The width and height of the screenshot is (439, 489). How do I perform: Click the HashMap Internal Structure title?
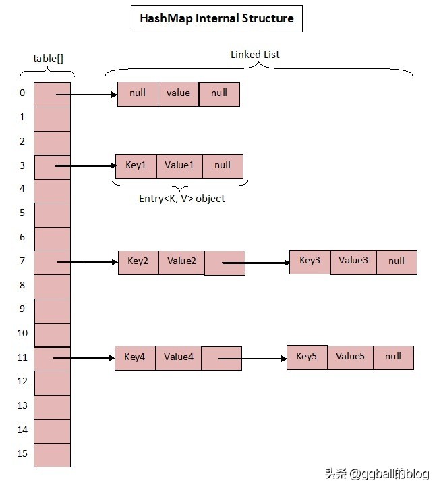(216, 18)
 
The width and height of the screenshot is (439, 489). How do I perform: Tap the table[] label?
(48, 58)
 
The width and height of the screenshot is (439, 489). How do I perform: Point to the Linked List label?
(255, 54)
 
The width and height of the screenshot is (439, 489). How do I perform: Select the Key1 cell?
(136, 165)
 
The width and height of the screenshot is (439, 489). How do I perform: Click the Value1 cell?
(179, 165)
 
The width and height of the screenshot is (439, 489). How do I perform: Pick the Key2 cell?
(138, 261)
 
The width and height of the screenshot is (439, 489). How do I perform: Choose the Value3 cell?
(353, 261)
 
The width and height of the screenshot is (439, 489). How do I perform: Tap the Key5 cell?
(307, 357)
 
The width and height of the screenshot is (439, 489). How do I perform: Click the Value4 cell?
(178, 357)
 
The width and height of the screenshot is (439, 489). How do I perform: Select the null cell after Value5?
(392, 357)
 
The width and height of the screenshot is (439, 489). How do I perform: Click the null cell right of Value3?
(397, 261)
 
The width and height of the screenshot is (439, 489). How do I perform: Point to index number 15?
(22, 453)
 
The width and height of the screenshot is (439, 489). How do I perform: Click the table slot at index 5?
(52, 214)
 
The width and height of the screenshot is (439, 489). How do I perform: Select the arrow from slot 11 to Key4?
(84, 358)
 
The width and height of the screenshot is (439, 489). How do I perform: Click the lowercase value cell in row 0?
(179, 94)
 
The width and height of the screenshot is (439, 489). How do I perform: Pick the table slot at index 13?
(52, 407)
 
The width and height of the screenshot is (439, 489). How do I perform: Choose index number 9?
(22, 309)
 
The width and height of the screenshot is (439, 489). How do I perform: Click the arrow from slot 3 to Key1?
(86, 165)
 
